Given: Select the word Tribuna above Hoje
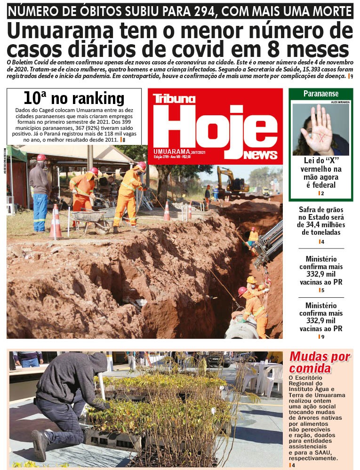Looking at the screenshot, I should [x=174, y=99].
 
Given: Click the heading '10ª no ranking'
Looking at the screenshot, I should [x=74, y=98].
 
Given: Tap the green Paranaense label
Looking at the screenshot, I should [x=320, y=94].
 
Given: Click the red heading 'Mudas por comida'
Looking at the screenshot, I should [x=320, y=362].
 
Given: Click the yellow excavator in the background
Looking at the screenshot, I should [x=231, y=181].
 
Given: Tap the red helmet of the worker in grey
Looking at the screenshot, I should [x=41, y=158].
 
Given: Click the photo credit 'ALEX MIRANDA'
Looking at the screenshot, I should [x=341, y=102].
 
